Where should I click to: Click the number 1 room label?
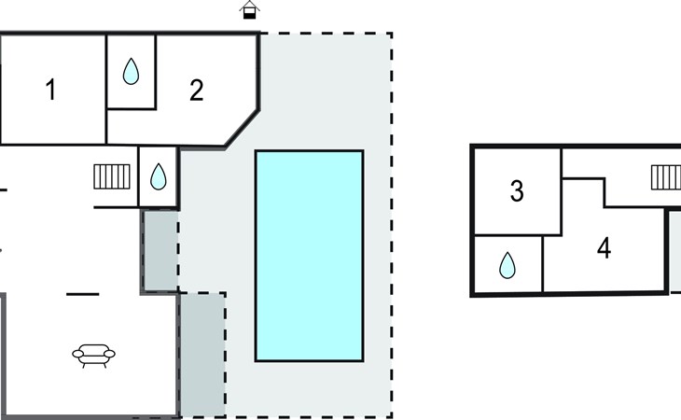pyautogui.click(x=50, y=91)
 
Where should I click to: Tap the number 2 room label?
pyautogui.click(x=196, y=91)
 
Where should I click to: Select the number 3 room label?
pyautogui.click(x=517, y=191)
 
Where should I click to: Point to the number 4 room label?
pyautogui.click(x=604, y=249)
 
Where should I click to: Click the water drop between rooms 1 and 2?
pyautogui.click(x=131, y=71)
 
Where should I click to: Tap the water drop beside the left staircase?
pyautogui.click(x=159, y=175)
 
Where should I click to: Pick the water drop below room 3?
pyautogui.click(x=507, y=266)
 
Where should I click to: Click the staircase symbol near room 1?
pyautogui.click(x=110, y=175)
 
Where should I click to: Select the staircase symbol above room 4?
pyautogui.click(x=665, y=175)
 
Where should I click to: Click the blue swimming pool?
pyautogui.click(x=309, y=255)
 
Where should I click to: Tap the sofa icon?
pyautogui.click(x=94, y=354)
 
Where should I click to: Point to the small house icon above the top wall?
pyautogui.click(x=248, y=10)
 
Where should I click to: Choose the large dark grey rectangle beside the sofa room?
pyautogui.click(x=202, y=354)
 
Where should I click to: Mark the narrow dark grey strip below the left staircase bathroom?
pyautogui.click(x=160, y=250)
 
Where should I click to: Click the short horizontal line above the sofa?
pyautogui.click(x=82, y=294)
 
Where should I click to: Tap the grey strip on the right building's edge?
pyautogui.click(x=674, y=249)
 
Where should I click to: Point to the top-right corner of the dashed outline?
pyautogui.click(x=391, y=34)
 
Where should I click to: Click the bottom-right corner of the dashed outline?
pyautogui.click(x=391, y=416)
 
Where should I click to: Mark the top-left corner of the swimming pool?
pyautogui.click(x=257, y=151)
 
